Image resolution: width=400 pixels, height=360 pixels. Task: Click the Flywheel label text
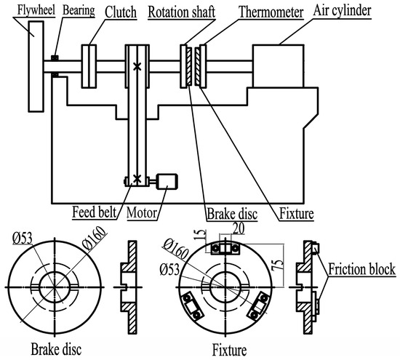(x=36, y=10)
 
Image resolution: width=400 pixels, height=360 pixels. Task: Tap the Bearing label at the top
(x=79, y=11)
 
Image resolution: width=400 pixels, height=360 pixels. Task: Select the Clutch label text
(x=121, y=12)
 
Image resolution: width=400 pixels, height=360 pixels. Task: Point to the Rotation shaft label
(x=181, y=12)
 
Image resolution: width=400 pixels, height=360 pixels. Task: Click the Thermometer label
(x=271, y=12)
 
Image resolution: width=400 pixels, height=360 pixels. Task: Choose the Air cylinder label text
(x=342, y=11)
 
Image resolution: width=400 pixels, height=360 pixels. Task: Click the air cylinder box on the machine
(x=278, y=66)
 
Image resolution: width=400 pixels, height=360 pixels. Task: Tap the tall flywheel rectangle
(x=36, y=66)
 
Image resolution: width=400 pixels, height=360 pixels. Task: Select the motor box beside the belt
(x=167, y=181)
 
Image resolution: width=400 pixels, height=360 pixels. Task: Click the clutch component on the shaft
(x=89, y=66)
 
